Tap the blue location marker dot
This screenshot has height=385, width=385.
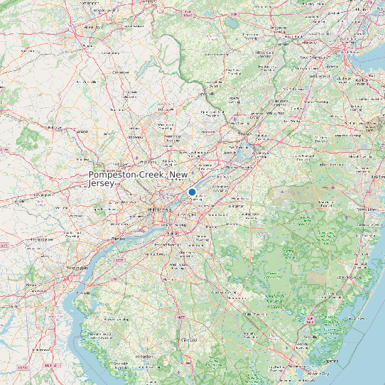click(192, 192)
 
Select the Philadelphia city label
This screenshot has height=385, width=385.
click(158, 210)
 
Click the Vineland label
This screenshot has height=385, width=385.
click(188, 341)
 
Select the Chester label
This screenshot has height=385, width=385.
click(118, 239)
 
